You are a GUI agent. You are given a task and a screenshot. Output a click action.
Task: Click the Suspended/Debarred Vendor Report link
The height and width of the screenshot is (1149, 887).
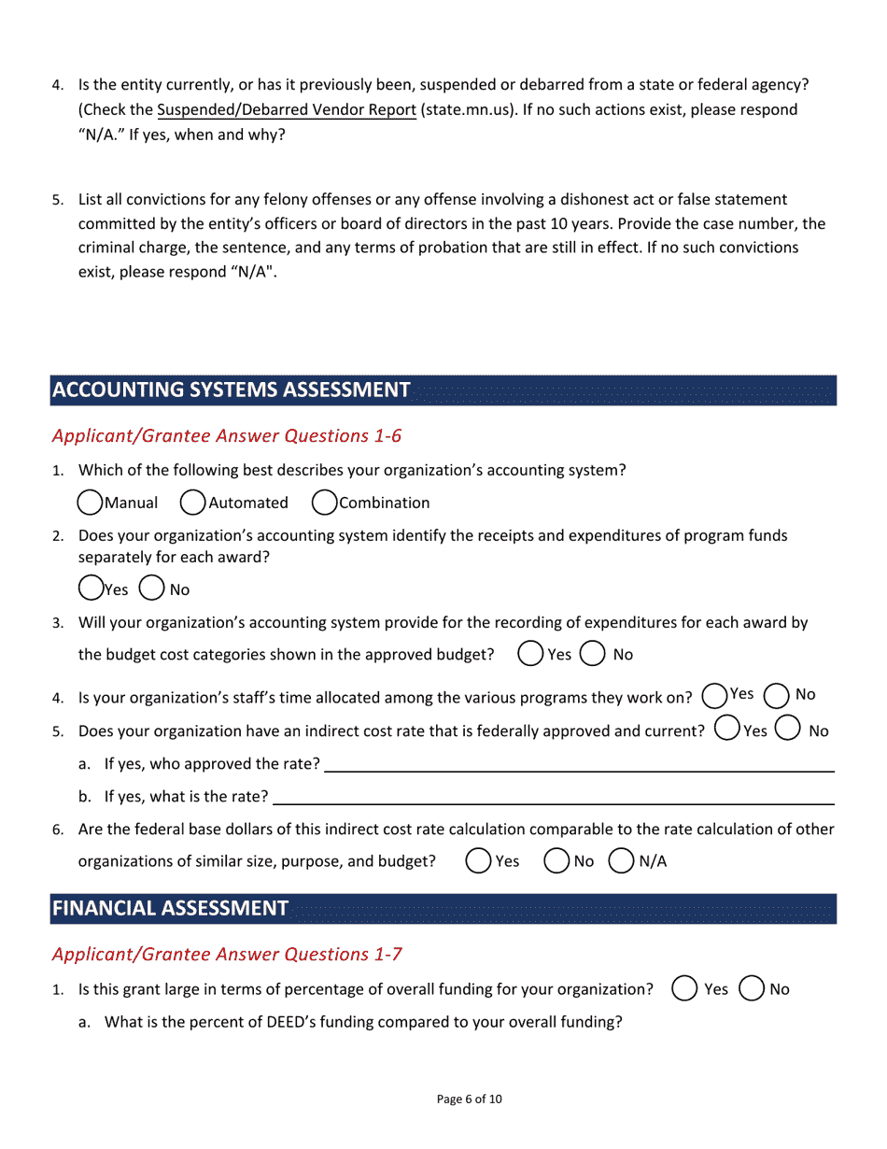click(x=287, y=110)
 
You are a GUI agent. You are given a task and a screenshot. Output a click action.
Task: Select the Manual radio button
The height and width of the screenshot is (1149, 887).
click(x=91, y=503)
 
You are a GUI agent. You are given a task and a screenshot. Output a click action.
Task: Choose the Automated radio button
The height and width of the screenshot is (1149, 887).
click(x=193, y=503)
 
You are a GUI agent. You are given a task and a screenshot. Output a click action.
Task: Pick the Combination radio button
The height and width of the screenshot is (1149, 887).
click(x=324, y=503)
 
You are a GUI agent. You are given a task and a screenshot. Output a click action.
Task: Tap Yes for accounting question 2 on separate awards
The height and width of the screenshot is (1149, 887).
click(x=91, y=589)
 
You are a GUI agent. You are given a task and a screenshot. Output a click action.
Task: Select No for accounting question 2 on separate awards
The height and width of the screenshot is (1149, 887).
click(x=151, y=589)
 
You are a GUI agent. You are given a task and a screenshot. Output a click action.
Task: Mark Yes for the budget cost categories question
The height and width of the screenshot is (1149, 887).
click(x=530, y=654)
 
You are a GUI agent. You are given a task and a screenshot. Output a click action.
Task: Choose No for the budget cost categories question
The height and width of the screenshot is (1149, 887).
click(x=593, y=654)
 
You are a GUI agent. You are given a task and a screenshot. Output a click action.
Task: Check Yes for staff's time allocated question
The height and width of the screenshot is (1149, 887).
click(x=714, y=696)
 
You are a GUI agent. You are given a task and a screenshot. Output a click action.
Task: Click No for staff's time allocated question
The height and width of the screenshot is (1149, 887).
click(x=777, y=696)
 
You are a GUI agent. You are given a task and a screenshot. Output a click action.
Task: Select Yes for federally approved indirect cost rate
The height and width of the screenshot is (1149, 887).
click(x=727, y=729)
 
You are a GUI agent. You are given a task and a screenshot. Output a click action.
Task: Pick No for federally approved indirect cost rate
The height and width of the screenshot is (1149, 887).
click(x=788, y=729)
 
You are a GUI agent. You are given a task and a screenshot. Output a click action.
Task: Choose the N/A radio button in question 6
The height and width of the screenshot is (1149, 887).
click(x=622, y=860)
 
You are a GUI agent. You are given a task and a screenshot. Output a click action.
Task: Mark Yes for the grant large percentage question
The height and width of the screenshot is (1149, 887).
click(x=684, y=988)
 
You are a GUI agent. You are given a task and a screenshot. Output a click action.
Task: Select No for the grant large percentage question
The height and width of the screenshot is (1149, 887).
click(x=752, y=988)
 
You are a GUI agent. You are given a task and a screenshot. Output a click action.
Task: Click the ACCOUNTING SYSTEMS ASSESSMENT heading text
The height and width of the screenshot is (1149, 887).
click(x=232, y=390)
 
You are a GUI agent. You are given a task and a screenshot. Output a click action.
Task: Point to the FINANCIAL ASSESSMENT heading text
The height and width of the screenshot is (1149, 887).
click(x=170, y=908)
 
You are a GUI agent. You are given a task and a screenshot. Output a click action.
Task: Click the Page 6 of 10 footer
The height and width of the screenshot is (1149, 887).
click(x=469, y=1099)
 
